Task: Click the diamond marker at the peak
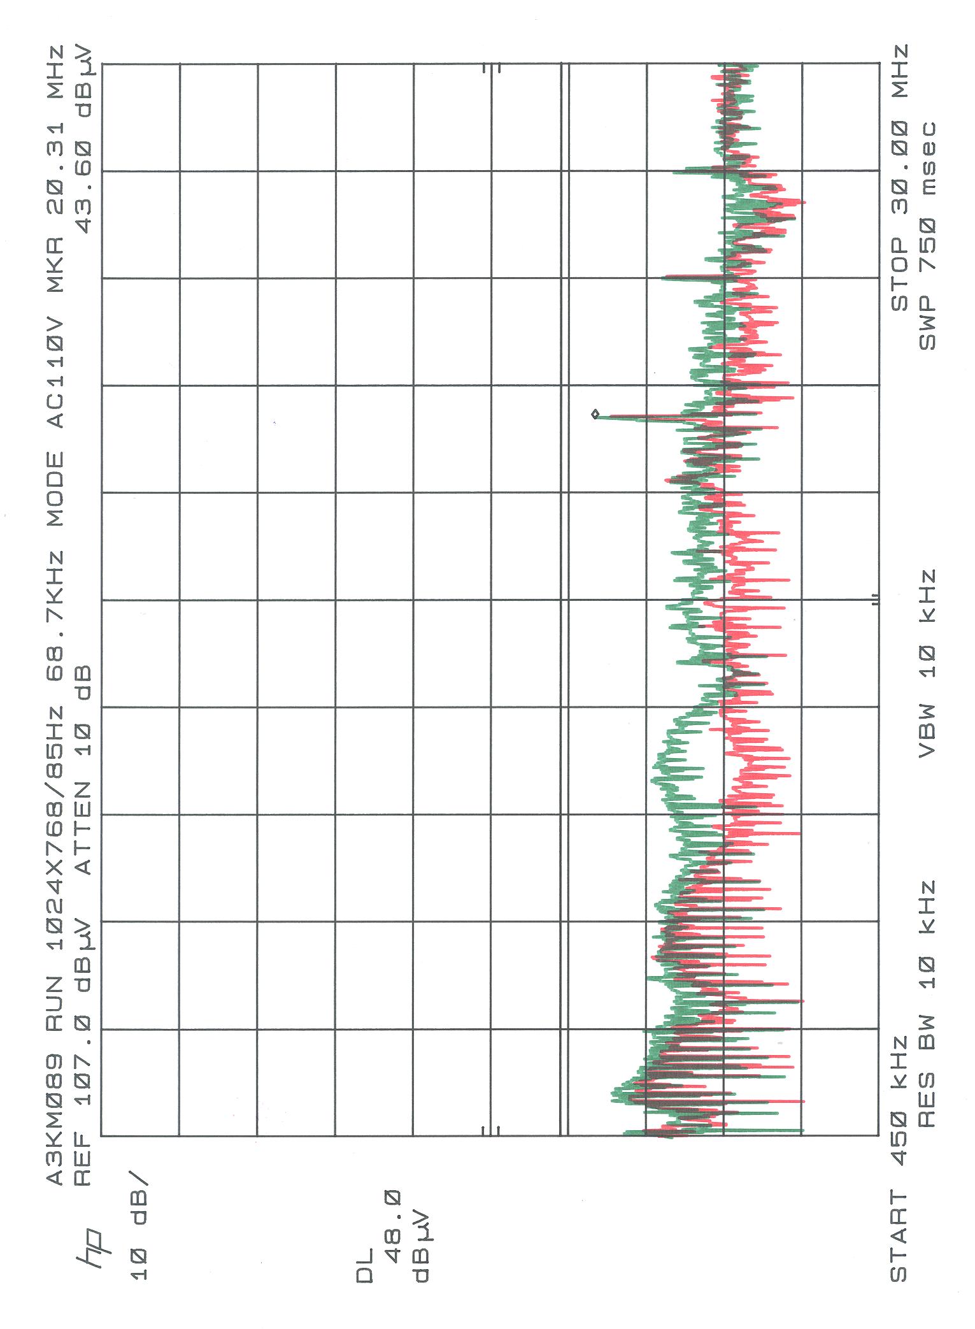(x=595, y=414)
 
